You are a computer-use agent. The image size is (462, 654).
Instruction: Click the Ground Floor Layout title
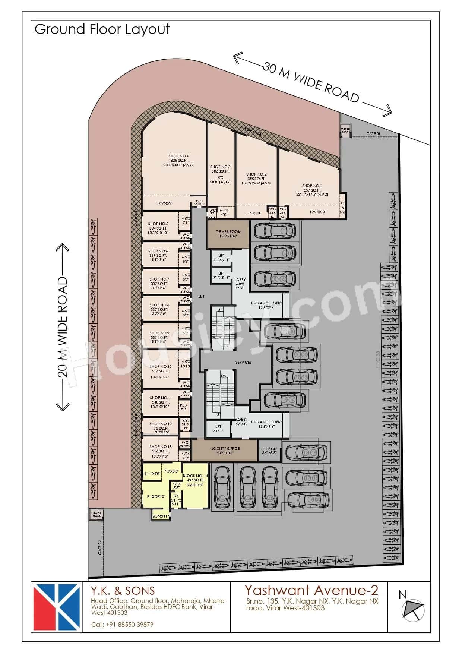[102, 29]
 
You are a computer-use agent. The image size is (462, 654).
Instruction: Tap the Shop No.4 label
[178, 156]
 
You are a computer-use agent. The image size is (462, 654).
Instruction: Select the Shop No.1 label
[312, 186]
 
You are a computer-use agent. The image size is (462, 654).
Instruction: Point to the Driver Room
[228, 234]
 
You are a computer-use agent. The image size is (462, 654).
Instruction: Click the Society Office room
[225, 451]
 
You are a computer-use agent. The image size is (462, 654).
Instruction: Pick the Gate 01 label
[373, 133]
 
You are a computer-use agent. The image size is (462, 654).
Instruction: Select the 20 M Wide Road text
[63, 326]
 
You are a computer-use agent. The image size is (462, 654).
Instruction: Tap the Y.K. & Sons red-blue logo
[57, 607]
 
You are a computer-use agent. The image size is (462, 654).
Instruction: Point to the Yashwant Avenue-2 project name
[311, 590]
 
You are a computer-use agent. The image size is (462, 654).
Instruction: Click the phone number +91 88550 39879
[122, 625]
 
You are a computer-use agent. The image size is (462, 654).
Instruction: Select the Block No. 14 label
[195, 476]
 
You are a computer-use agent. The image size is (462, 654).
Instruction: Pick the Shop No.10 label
[160, 367]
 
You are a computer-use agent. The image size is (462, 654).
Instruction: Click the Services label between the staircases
[243, 362]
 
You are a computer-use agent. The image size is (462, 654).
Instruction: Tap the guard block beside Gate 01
[346, 131]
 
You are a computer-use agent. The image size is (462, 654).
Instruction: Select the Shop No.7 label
[159, 279]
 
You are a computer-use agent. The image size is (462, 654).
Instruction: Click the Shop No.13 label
[160, 446]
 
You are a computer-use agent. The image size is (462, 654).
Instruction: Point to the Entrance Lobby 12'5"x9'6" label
[266, 422]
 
